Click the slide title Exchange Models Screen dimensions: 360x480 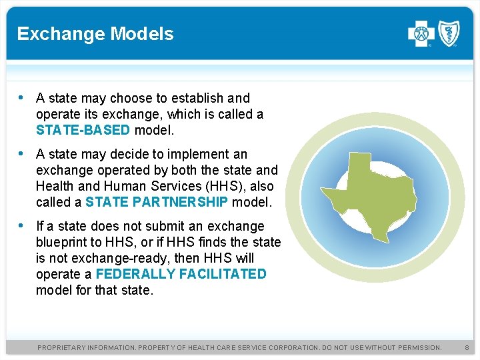point(95,34)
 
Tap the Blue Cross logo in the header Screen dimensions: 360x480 point(421,33)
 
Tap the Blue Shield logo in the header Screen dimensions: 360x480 point(448,33)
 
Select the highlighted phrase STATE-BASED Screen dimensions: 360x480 point(83,130)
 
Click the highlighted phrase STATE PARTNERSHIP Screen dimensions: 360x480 point(157,202)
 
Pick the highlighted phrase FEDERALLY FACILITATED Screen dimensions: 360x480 point(181,274)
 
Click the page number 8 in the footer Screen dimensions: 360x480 point(467,348)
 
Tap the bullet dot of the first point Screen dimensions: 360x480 point(22,97)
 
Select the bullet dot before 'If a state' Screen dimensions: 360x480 point(22,225)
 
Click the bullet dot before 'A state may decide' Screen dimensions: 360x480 point(22,153)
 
